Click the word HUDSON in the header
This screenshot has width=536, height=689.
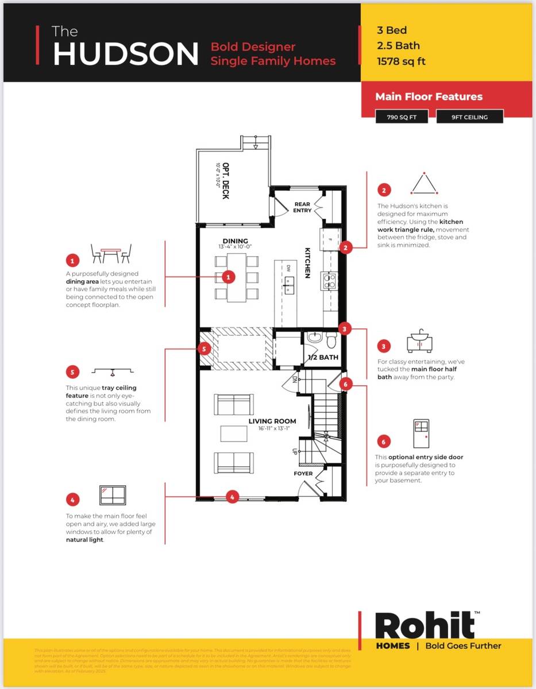click(126, 53)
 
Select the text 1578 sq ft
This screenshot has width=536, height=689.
click(401, 61)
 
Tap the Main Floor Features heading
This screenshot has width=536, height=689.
click(429, 96)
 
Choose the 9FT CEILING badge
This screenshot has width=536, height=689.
click(469, 117)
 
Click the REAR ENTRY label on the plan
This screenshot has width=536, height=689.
click(302, 207)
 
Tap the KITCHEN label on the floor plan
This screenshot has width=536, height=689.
click(307, 264)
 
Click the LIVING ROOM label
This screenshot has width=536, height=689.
click(272, 421)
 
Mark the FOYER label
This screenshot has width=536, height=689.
click(303, 474)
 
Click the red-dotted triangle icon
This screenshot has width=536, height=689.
click(424, 184)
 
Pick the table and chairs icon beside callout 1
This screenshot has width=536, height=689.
click(111, 253)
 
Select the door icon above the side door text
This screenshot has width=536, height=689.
click(421, 434)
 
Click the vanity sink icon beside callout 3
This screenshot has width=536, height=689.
click(419, 341)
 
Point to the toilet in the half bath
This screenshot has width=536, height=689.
click(331, 340)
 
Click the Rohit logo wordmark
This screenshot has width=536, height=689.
click(426, 626)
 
